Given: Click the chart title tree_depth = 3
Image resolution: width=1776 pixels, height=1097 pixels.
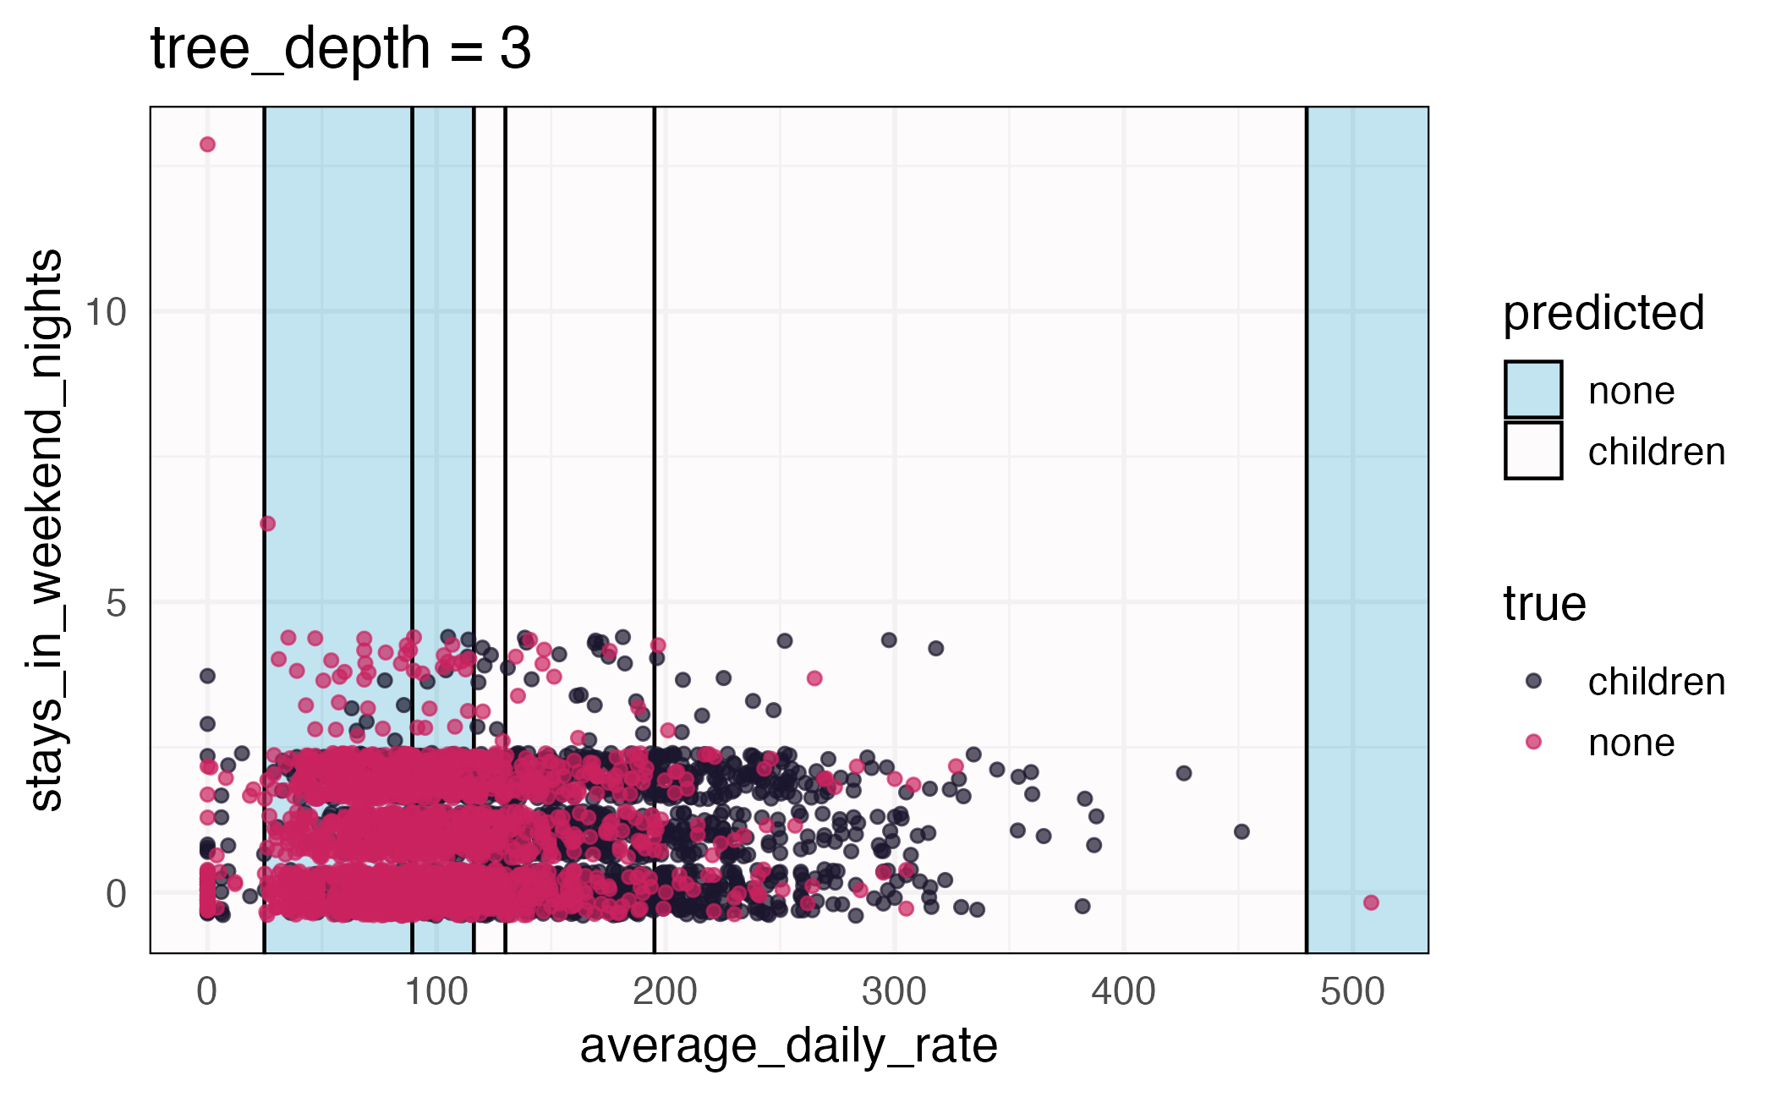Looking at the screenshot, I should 340,49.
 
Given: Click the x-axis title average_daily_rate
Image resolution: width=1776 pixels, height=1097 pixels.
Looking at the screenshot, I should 788,1046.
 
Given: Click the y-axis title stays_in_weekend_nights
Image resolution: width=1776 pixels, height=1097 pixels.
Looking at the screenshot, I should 46,530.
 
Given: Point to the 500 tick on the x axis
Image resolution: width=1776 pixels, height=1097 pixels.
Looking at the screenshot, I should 1352,992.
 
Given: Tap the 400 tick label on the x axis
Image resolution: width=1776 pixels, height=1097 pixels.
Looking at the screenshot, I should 1123,992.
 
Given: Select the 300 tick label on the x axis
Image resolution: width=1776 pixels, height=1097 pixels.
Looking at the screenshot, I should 894,992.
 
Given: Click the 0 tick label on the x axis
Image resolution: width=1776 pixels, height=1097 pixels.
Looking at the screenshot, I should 207,992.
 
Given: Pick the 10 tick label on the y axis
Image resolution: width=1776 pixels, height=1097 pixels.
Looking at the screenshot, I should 106,312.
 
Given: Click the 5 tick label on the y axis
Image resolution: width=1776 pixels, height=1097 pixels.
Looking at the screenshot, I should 116,604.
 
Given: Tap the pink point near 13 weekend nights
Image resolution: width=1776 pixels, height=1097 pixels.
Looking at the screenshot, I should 207,145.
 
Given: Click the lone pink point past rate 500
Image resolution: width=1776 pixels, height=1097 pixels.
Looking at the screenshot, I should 1371,902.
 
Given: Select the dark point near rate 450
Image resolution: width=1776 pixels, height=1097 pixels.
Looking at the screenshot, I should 1242,831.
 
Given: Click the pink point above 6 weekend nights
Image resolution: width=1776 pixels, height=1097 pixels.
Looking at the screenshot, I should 267,524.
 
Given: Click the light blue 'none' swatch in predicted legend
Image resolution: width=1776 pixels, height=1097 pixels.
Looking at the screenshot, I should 1532,390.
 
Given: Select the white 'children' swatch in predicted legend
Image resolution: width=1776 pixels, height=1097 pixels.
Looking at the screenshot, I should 1532,451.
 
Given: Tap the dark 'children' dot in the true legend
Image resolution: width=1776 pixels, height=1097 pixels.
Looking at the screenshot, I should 1533,681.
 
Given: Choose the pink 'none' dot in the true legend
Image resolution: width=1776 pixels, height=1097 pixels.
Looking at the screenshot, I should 1533,742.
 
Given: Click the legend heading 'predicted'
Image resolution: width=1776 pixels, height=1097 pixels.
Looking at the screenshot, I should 1603,314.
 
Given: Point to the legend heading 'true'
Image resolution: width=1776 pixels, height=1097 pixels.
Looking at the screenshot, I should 1543,604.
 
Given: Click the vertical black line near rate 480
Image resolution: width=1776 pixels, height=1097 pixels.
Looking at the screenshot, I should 1307,507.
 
